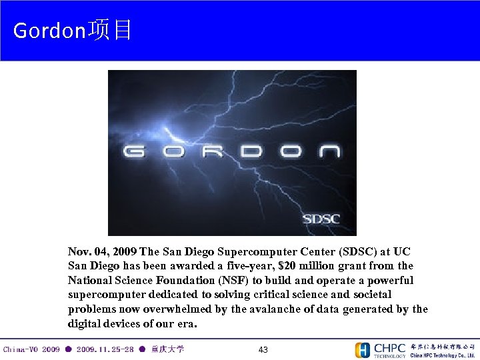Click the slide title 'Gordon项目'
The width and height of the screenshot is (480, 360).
73,30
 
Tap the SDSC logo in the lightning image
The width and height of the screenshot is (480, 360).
321,218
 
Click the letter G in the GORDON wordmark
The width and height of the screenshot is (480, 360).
134,151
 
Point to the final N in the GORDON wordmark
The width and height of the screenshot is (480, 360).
329,151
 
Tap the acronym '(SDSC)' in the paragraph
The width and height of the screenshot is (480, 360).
357,252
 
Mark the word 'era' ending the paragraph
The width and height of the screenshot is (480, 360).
186,324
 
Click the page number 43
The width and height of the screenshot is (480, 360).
263,350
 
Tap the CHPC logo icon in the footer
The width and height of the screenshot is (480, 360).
363,350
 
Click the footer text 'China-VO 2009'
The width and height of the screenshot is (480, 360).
31,349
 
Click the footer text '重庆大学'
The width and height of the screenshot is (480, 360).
168,349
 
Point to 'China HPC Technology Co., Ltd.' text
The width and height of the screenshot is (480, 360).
442,355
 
